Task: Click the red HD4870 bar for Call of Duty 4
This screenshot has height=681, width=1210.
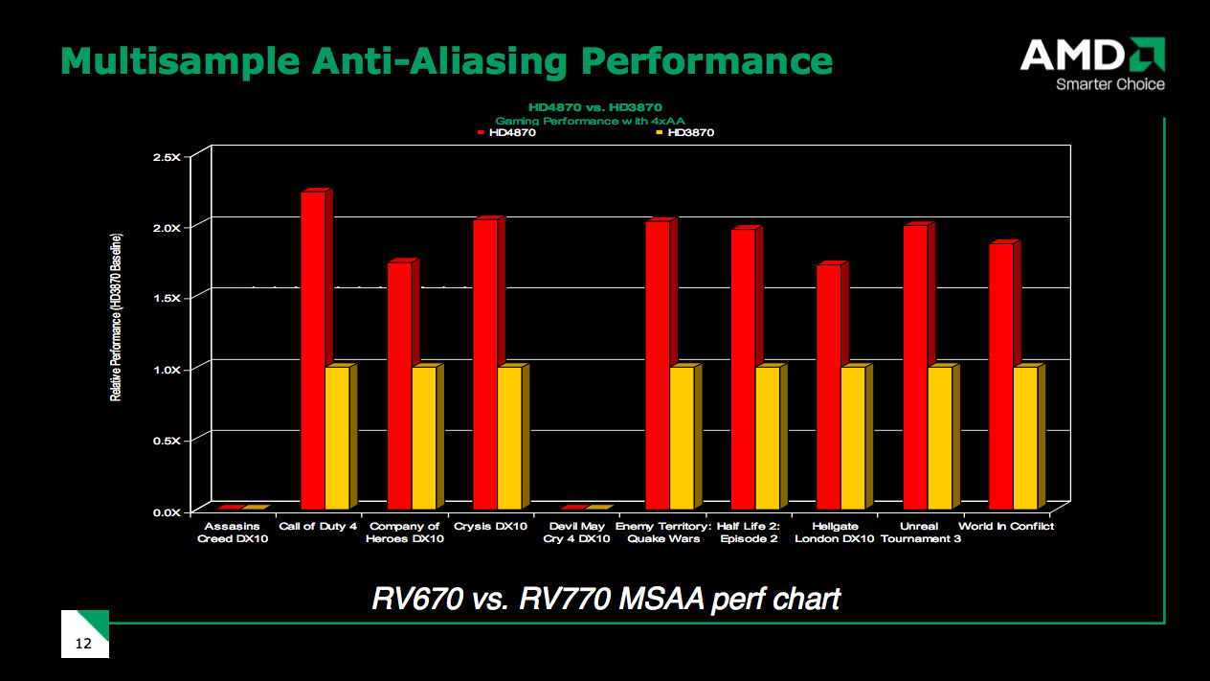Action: click(313, 350)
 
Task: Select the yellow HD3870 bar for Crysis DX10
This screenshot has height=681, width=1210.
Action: click(510, 437)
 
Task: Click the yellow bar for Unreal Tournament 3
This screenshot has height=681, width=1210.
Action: click(940, 437)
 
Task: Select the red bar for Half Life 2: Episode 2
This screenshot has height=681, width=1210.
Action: click(743, 369)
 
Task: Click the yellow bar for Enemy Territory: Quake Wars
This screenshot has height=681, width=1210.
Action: click(683, 437)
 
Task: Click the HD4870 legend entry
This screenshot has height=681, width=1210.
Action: click(506, 133)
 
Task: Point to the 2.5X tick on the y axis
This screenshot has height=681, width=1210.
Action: click(167, 156)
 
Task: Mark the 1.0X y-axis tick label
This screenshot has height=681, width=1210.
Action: click(167, 369)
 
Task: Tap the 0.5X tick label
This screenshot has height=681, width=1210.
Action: click(167, 440)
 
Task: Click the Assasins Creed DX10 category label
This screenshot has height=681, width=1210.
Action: click(233, 533)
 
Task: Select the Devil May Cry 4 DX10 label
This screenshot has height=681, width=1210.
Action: click(576, 533)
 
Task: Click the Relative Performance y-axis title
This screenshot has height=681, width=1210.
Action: click(116, 316)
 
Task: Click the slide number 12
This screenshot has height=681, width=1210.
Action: click(83, 644)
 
